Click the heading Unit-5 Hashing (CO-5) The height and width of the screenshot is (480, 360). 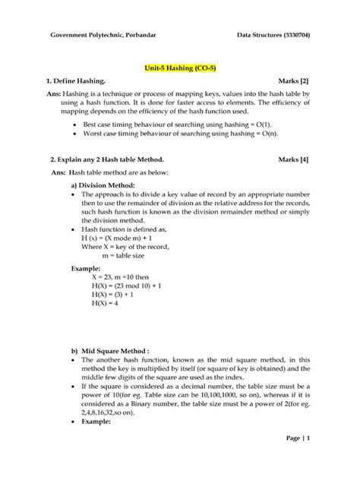pos(180,67)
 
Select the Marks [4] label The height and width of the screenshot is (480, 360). pos(293,161)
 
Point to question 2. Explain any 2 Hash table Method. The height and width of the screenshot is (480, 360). pos(107,161)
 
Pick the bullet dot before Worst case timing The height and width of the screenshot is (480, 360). pos(73,133)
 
